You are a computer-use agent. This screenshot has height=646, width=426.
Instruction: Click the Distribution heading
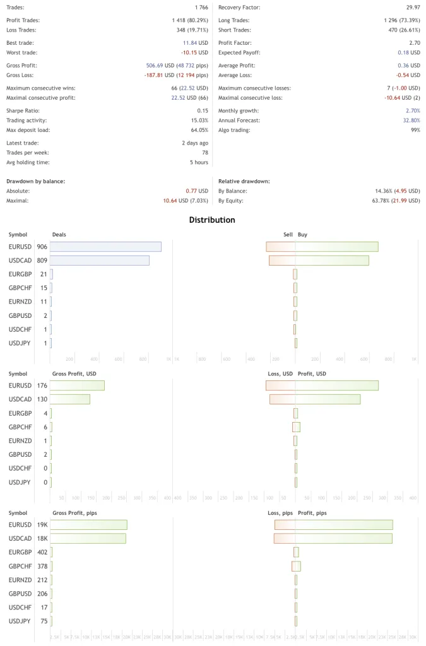pos(212,220)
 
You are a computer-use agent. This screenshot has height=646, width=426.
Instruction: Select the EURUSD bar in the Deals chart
pos(105,247)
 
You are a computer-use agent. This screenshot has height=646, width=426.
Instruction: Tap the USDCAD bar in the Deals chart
pos(99,260)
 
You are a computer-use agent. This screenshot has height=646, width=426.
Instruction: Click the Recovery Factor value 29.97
pos(413,8)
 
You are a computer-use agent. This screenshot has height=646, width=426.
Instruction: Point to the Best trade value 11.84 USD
pos(195,43)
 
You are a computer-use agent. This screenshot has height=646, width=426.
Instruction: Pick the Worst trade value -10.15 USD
pos(194,53)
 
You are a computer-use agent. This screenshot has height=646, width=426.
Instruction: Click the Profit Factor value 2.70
pos(415,43)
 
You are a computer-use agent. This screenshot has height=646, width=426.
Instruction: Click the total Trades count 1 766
pos(201,8)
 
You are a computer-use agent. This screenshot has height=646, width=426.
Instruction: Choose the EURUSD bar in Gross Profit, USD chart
pos(77,385)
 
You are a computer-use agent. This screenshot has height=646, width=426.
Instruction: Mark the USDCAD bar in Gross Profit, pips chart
pos(88,538)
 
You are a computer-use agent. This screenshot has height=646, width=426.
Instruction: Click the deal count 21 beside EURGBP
pos(44,274)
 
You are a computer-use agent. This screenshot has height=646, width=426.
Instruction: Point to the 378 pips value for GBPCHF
pos(42,566)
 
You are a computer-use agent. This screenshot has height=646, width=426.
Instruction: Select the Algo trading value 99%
pos(415,130)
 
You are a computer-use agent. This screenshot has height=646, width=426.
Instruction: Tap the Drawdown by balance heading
pos(36,181)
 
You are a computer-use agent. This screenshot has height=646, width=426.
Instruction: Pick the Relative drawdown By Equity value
pos(397,201)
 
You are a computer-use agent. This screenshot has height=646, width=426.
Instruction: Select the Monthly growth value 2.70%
pos(411,110)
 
